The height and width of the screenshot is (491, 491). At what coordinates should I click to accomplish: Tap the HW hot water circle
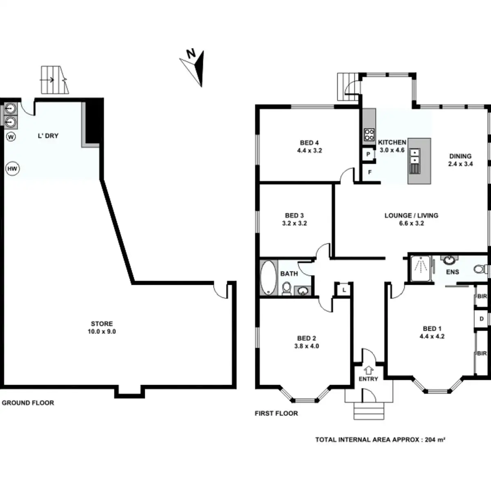(13, 169)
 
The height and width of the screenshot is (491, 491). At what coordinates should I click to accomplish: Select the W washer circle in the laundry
(11, 137)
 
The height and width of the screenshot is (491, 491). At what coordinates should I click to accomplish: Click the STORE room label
(102, 324)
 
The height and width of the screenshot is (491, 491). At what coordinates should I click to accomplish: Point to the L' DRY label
(48, 136)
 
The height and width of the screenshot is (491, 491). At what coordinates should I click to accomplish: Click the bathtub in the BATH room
(268, 277)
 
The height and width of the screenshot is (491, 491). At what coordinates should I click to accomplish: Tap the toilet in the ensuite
(480, 269)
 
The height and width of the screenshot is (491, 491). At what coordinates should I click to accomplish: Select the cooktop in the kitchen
(369, 135)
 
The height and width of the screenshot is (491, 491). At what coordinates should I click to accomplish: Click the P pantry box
(368, 154)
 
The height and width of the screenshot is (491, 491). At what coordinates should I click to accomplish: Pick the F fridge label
(370, 172)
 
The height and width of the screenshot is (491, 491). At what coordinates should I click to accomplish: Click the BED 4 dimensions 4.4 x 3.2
(309, 151)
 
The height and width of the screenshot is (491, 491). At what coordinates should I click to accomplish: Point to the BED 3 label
(294, 216)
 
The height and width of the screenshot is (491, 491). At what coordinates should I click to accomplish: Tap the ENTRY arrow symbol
(368, 370)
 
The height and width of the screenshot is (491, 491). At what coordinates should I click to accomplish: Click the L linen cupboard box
(344, 290)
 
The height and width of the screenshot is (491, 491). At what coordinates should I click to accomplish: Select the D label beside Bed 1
(482, 319)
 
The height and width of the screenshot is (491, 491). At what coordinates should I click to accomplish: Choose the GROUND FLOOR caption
(28, 403)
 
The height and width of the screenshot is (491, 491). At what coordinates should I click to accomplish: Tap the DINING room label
(460, 156)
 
